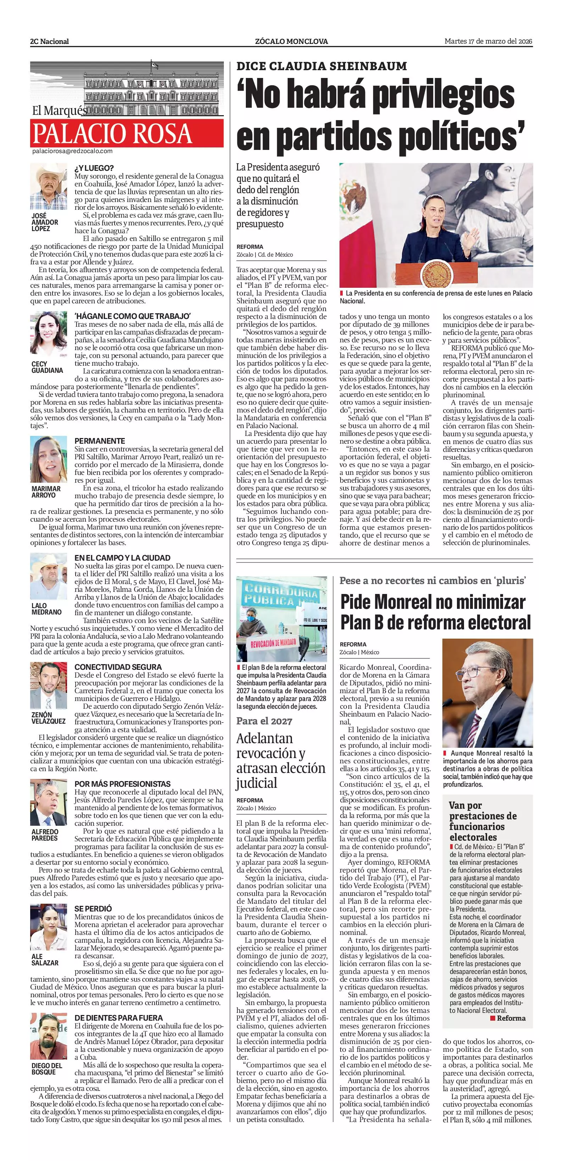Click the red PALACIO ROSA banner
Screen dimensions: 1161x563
127,133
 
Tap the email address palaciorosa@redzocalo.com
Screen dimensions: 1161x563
72,151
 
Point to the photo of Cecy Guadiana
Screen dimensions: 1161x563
49,334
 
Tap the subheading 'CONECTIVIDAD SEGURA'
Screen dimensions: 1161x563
118,667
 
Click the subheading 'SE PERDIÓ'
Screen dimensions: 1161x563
93,909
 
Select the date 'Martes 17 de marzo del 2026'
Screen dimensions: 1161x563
489,41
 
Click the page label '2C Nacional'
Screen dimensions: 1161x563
50,41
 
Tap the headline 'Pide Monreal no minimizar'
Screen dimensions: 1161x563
432,602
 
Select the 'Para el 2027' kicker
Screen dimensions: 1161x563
264,721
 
